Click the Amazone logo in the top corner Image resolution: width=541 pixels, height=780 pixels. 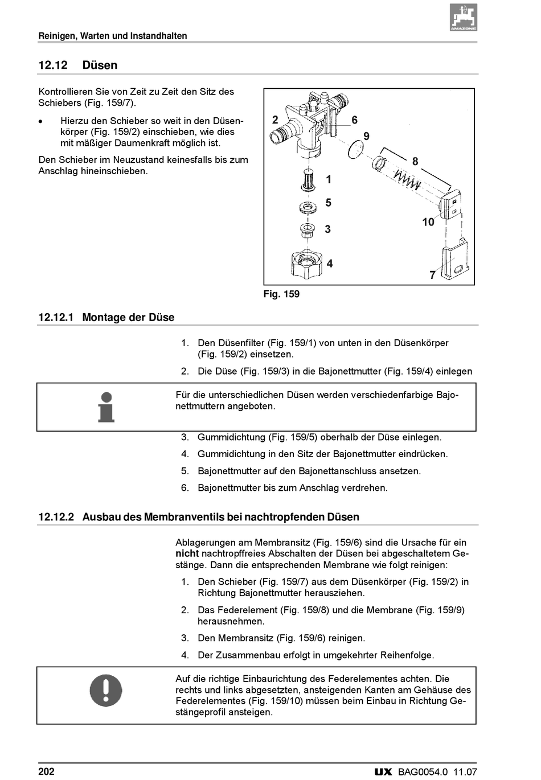463,17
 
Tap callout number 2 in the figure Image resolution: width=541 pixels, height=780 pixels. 275,120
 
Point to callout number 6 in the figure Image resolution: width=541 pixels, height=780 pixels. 354,120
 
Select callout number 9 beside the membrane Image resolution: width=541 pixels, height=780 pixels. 366,136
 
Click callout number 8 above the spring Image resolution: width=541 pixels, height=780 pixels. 415,162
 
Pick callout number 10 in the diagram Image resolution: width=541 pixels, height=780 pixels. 428,222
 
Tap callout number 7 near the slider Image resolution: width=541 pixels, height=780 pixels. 433,276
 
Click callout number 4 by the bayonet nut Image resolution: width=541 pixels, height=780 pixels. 329,264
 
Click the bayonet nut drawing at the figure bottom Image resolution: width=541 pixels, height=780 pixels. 306,264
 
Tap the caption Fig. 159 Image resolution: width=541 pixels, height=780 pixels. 281,294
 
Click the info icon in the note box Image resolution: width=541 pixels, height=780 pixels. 106,407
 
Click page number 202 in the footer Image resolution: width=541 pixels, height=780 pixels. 46,772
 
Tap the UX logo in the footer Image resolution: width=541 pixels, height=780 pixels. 383,773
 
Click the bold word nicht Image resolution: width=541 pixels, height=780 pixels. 187,553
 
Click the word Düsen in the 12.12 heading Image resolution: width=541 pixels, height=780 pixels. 100,65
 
